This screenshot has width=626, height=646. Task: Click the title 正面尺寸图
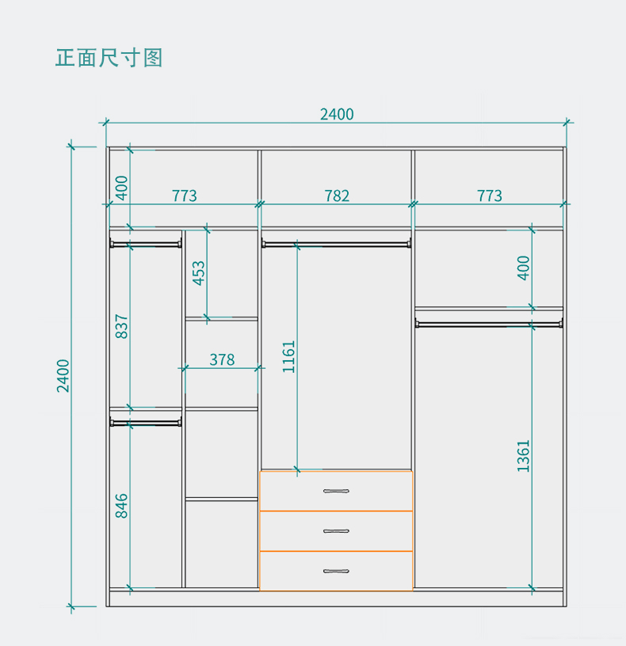[109, 58]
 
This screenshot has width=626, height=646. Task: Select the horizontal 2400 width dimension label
[337, 114]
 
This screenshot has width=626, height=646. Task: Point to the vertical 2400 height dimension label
[63, 375]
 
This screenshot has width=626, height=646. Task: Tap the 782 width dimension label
[337, 196]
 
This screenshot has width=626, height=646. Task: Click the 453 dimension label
[199, 273]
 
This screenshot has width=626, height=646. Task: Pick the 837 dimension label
[121, 327]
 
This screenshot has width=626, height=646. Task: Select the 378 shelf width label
[222, 359]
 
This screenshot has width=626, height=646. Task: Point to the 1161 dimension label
[288, 357]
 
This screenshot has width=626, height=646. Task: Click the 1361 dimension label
[524, 456]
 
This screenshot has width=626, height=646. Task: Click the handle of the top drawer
[337, 492]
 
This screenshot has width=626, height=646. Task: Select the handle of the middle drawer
[337, 531]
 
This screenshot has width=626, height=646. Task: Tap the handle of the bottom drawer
[337, 571]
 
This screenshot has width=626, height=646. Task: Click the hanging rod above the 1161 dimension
[337, 244]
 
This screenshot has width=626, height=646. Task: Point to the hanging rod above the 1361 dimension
[489, 322]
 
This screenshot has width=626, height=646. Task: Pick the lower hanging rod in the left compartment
[146, 423]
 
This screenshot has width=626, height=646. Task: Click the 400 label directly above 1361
[524, 268]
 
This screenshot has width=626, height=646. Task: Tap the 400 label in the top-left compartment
[121, 188]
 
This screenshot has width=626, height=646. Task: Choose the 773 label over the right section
[490, 196]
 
